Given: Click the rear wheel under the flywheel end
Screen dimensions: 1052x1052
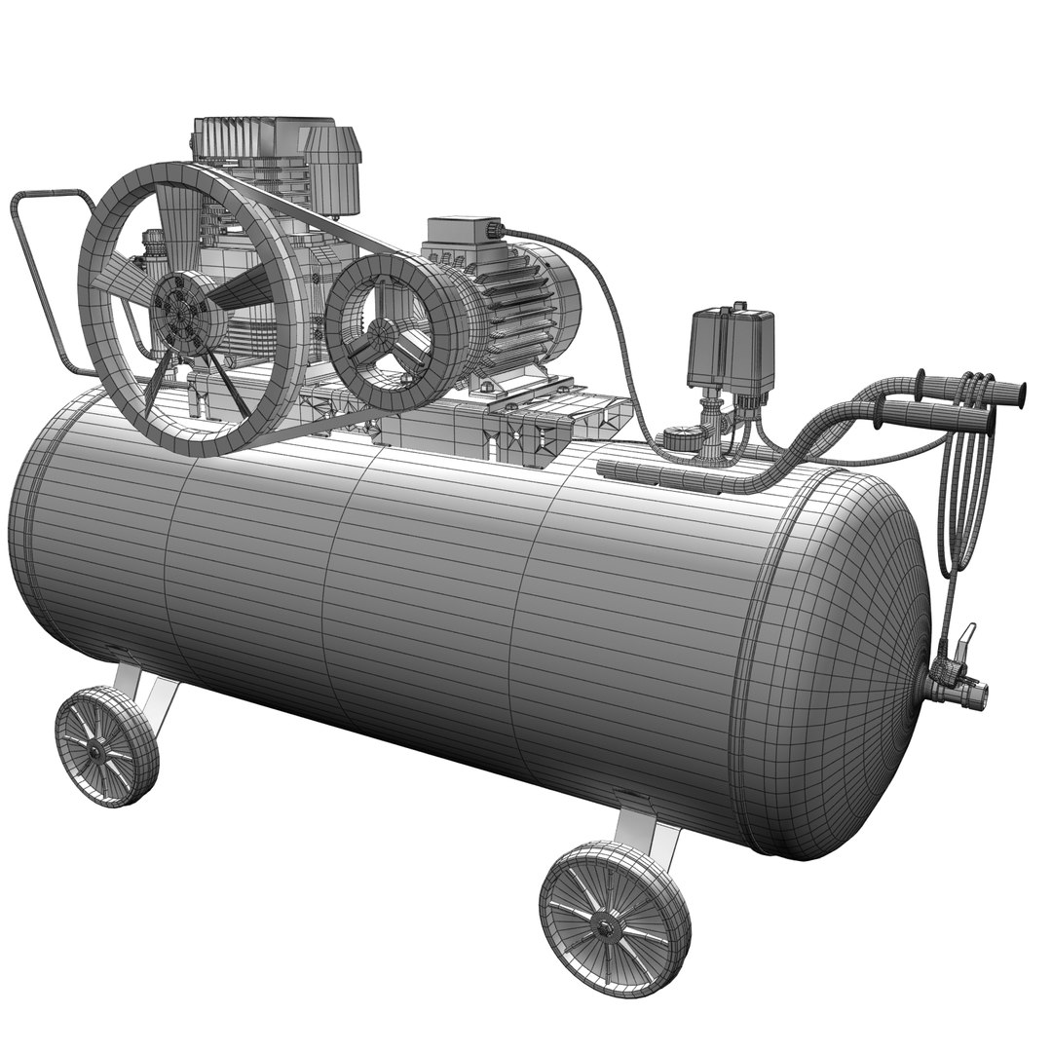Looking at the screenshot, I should pos(106,745).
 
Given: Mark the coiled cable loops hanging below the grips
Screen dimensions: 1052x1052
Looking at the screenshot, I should pos(964,507).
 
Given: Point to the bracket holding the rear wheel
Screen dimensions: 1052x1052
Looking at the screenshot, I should pos(146,687).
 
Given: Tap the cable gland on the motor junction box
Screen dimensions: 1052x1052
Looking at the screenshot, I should pos(494,230).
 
